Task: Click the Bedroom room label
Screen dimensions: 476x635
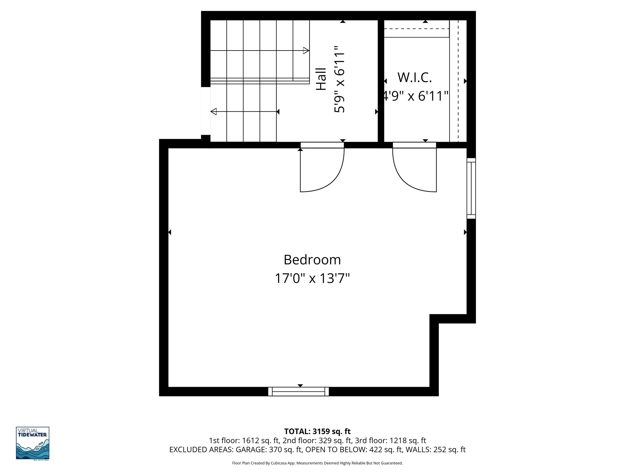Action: [x=312, y=260]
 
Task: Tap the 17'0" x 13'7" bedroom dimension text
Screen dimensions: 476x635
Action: [x=312, y=278]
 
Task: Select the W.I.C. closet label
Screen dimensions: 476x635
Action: [x=415, y=77]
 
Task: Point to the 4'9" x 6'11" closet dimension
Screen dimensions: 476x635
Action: [x=415, y=96]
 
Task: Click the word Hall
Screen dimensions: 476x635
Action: [x=321, y=79]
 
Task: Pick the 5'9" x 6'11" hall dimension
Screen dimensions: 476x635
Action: [x=340, y=79]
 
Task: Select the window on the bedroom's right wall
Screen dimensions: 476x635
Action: [x=471, y=188]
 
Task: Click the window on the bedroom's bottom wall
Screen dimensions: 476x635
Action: [x=298, y=391]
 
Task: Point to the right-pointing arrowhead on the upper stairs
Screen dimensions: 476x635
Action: [x=306, y=51]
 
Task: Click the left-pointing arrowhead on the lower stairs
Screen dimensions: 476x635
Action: [x=214, y=112]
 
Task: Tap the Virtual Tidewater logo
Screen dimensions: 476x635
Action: [x=33, y=443]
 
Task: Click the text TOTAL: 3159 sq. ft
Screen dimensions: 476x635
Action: [x=317, y=431]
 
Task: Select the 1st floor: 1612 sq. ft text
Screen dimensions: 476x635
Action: [x=244, y=441]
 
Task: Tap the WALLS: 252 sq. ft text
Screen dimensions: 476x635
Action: [x=435, y=450]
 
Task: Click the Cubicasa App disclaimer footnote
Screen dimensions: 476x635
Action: [x=317, y=463]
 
